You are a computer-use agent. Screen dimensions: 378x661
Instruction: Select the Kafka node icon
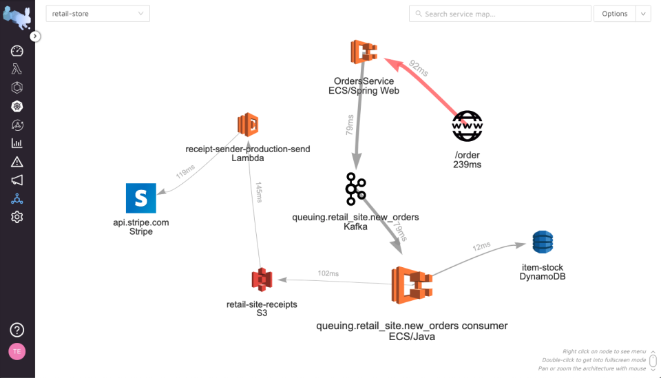pyautogui.click(x=356, y=189)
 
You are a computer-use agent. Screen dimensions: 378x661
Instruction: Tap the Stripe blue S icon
pyautogui.click(x=141, y=198)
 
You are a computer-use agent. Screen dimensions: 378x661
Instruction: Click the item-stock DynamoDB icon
pyautogui.click(x=543, y=242)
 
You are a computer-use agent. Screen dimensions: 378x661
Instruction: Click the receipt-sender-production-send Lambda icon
pyautogui.click(x=247, y=125)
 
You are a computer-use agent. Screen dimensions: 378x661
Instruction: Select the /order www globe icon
pyautogui.click(x=468, y=126)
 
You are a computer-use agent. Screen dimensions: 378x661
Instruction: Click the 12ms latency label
pyautogui.click(x=481, y=247)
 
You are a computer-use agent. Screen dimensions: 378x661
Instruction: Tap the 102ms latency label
pyautogui.click(x=328, y=273)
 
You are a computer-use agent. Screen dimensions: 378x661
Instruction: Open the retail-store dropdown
pyautogui.click(x=98, y=14)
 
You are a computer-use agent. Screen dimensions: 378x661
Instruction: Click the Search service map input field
pyautogui.click(x=500, y=14)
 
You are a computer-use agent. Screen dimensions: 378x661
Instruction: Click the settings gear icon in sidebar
pyautogui.click(x=17, y=217)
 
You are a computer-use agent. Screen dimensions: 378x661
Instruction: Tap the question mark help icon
pyautogui.click(x=17, y=330)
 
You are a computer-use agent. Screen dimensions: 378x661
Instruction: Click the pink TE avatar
pyautogui.click(x=17, y=351)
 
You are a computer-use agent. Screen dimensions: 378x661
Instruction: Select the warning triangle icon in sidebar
pyautogui.click(x=17, y=162)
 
